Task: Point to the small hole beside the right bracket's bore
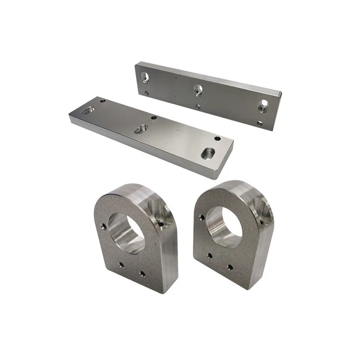(202, 217)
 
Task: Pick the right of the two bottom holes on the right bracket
(230, 267)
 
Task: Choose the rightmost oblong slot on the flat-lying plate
(207, 153)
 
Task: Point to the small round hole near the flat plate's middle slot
(154, 117)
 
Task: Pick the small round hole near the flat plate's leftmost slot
(103, 101)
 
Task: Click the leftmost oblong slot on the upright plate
(144, 77)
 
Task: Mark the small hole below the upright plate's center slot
(199, 107)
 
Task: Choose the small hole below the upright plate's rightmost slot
(260, 123)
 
